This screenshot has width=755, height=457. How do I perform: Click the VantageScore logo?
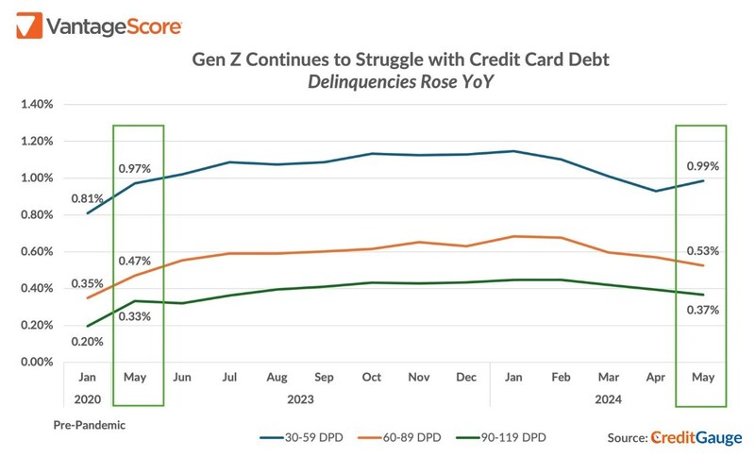pyautogui.click(x=98, y=25)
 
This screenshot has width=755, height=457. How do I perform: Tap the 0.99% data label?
pyautogui.click(x=702, y=166)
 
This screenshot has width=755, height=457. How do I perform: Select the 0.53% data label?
pyautogui.click(x=702, y=251)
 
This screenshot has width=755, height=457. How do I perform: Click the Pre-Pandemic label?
pyautogui.click(x=89, y=426)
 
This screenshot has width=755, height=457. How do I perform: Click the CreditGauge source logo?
pyautogui.click(x=697, y=437)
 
